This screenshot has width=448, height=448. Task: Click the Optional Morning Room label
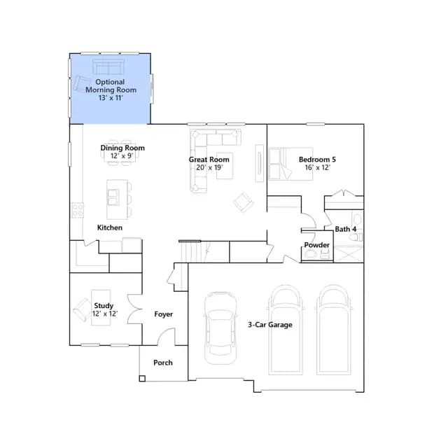[x=111, y=86]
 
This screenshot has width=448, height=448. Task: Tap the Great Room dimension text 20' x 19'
[x=209, y=167]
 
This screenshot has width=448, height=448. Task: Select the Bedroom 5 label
[x=317, y=160]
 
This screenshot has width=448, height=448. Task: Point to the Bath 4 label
[x=345, y=229]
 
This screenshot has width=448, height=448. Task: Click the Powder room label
[x=316, y=245]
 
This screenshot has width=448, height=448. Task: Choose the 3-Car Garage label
[x=270, y=325]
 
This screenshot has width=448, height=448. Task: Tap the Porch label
[x=163, y=363]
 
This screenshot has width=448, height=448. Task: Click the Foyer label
[x=163, y=314]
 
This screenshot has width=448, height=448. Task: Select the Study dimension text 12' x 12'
[x=105, y=314]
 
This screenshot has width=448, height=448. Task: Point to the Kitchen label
[x=110, y=227]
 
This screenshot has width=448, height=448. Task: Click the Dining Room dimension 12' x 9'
[x=122, y=155]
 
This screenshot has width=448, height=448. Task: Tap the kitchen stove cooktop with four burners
[x=78, y=210]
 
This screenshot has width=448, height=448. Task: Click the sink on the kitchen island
[x=113, y=197]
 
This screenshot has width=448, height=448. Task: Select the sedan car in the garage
[x=220, y=328]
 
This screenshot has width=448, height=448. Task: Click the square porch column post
[x=142, y=379]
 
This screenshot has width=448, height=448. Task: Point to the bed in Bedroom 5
[x=290, y=164]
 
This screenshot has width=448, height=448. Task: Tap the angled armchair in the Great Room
[x=244, y=202]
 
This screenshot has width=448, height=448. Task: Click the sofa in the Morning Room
[x=108, y=66]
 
